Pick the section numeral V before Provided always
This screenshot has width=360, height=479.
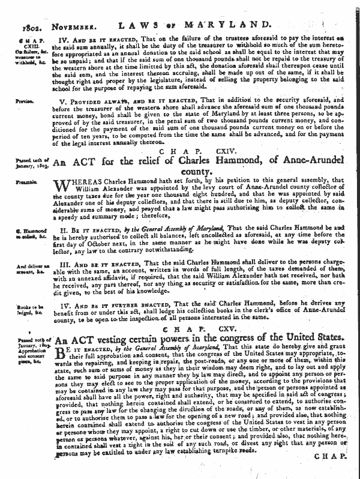68,103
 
